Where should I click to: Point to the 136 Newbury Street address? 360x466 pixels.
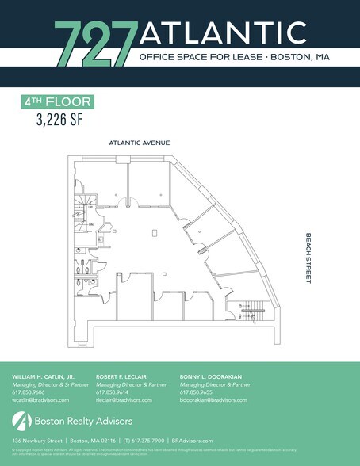click(39, 440)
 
